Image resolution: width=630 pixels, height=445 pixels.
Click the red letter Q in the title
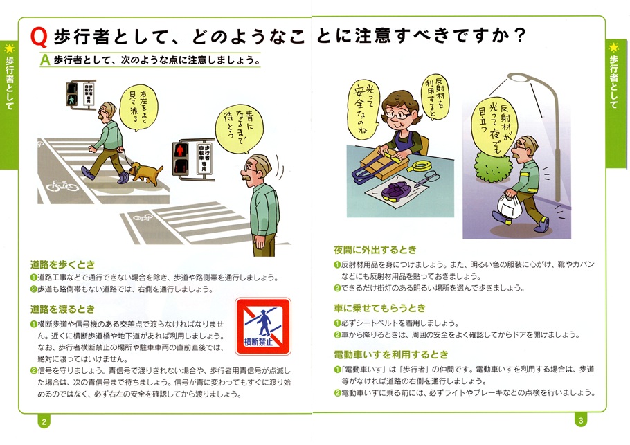click(x=39, y=37)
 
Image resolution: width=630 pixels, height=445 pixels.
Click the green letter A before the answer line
click(x=45, y=60)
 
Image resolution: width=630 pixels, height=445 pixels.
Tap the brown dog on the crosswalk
click(x=145, y=172)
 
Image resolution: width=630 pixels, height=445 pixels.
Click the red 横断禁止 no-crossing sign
click(x=263, y=326)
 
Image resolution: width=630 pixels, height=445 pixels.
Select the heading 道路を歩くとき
click(x=63, y=264)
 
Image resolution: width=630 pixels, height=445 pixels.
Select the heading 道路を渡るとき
click(x=63, y=309)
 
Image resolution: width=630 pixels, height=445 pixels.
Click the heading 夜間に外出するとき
click(x=375, y=250)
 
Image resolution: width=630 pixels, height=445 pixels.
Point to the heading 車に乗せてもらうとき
click(x=379, y=308)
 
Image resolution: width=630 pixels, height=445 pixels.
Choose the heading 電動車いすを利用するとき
click(x=391, y=354)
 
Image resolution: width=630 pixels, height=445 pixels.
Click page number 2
click(x=44, y=421)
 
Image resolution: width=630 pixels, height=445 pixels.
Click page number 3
click(x=581, y=421)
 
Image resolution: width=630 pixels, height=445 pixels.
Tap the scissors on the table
click(x=425, y=179)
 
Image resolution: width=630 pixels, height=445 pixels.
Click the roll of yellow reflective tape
click(x=420, y=166)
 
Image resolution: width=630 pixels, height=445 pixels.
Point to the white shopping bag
click(x=510, y=207)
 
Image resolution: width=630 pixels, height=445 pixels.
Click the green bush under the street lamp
click(x=493, y=167)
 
